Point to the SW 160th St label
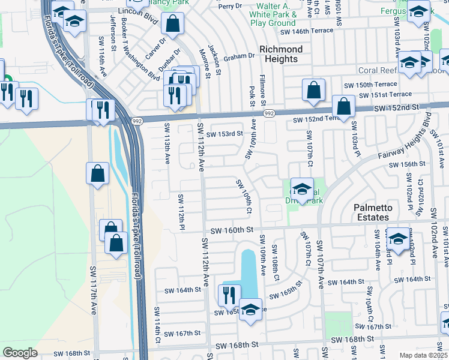[233, 230]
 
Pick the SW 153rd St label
[224, 134]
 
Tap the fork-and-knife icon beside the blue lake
[229, 294]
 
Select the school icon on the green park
[302, 188]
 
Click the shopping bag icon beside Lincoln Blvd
[172, 23]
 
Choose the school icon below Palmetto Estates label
[398, 238]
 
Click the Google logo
[20, 353]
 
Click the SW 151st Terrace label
[385, 94]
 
